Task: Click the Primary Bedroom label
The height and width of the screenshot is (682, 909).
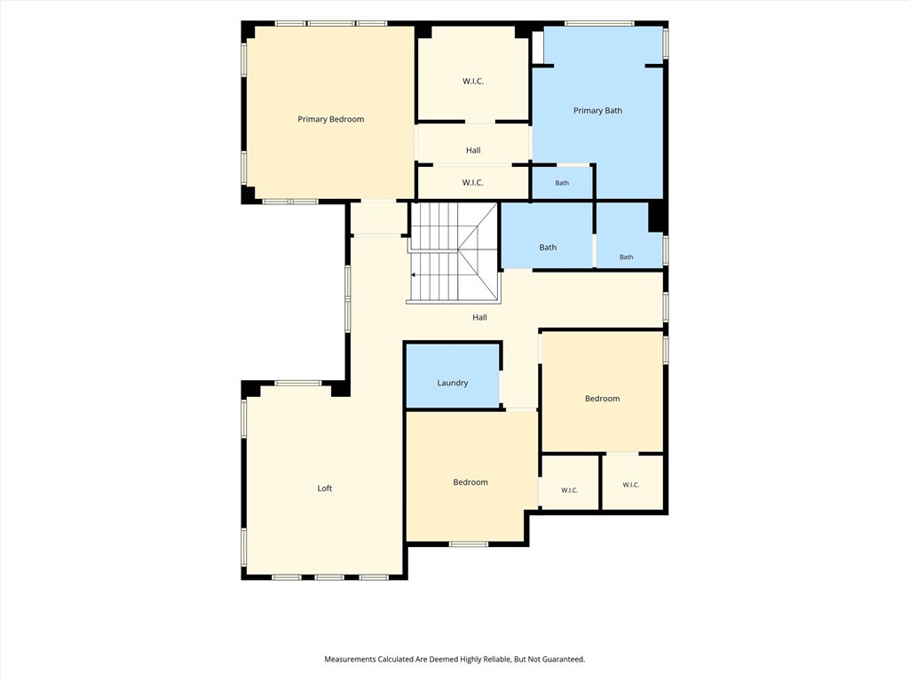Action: [331, 120]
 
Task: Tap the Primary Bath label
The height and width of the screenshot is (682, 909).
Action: [597, 111]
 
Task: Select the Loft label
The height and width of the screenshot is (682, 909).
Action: [325, 488]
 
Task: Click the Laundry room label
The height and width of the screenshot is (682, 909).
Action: [453, 383]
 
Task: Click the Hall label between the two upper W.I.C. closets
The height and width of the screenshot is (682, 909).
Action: [473, 150]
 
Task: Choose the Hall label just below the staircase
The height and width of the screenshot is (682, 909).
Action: [479, 317]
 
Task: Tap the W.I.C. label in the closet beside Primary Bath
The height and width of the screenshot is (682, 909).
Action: [473, 81]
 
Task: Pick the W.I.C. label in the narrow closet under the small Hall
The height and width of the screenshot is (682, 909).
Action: [473, 183]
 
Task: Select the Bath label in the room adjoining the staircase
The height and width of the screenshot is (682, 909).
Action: [548, 248]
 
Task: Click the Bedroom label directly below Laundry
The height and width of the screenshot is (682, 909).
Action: [470, 482]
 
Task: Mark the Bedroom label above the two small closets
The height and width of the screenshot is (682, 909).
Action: [603, 399]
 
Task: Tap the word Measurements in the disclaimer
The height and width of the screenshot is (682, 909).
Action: [350, 660]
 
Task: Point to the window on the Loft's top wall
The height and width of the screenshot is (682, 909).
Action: [298, 384]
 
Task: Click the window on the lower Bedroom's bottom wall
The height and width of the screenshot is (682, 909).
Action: [469, 544]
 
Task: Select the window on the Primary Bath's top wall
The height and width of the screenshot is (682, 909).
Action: [599, 24]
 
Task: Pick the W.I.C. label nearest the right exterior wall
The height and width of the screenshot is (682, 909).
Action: [631, 485]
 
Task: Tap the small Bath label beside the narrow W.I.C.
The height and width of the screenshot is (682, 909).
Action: [562, 183]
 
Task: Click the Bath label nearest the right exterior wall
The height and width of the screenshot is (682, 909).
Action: [626, 257]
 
